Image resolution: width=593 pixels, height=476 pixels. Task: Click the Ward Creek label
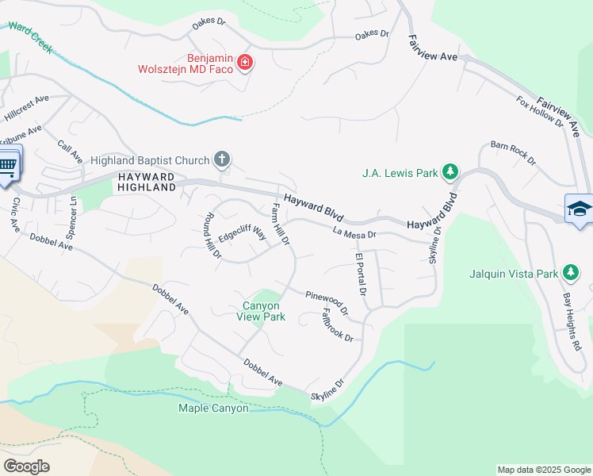[30, 38]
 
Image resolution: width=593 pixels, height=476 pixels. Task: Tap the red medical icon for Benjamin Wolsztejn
[245, 62]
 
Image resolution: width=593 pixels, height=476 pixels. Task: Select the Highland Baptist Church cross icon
[222, 159]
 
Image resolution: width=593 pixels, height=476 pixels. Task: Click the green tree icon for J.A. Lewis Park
[450, 172]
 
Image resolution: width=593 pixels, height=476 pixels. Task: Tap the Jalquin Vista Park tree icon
[570, 273]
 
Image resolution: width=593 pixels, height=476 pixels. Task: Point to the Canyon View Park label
[261, 311]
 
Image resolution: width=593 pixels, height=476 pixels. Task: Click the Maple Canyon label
[213, 409]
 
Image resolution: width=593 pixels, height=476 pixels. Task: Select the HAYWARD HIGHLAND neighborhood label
[147, 181]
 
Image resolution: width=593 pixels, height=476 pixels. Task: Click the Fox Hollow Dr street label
[539, 113]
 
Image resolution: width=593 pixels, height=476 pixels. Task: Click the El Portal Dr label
[360, 275]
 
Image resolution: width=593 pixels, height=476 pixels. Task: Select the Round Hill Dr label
[211, 236]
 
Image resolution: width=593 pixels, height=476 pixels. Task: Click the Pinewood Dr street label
[327, 301]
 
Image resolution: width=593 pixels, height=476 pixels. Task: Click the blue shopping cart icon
[7, 165]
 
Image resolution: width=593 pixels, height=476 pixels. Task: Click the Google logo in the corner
[26, 466]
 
